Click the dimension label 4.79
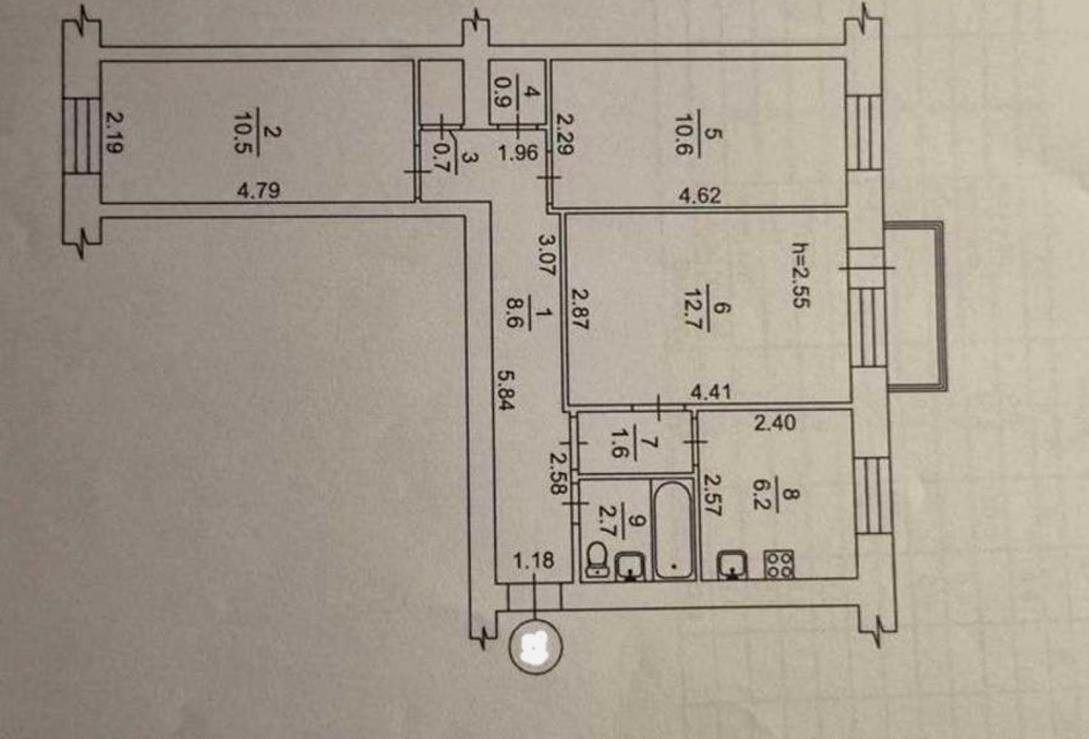[258, 190]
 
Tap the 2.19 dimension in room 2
[115, 133]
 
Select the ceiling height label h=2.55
[801, 275]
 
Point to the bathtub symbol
[673, 530]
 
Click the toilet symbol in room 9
[597, 559]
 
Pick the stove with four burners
[779, 564]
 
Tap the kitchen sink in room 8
[732, 565]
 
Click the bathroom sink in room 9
[630, 567]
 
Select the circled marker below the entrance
[535, 647]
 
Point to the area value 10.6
[684, 134]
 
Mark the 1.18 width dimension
[533, 560]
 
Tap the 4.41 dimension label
[710, 392]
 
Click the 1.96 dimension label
[518, 153]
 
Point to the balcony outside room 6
[915, 306]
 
